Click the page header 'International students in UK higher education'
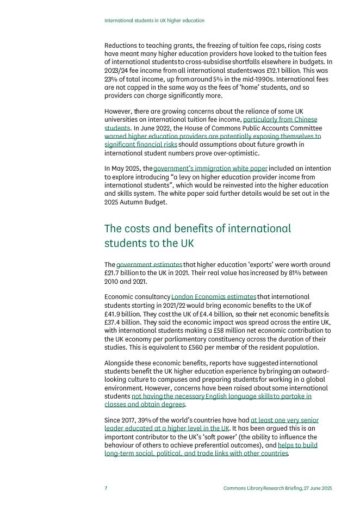[154, 21]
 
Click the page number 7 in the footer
[106, 488]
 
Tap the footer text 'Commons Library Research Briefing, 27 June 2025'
[277, 488]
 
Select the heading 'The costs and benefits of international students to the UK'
[197, 236]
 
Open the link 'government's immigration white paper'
[210, 169]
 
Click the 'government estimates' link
[149, 265]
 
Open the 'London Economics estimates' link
[213, 297]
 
